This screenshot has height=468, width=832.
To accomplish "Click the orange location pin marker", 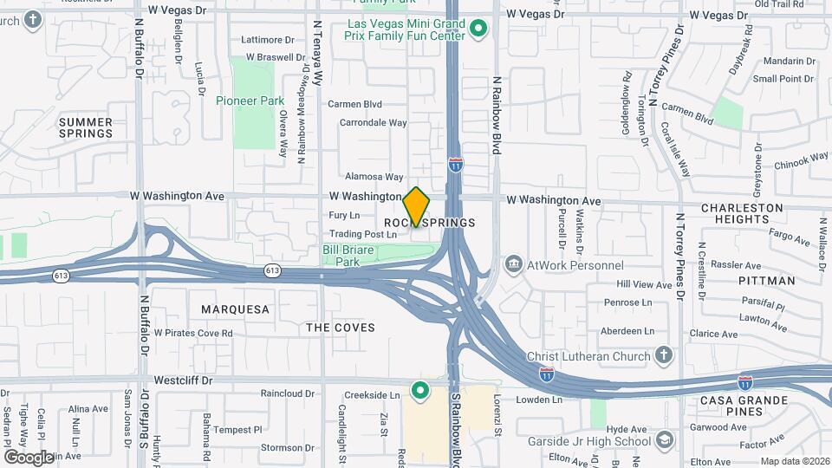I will coord(416,207).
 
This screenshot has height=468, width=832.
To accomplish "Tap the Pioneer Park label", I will coord(250,101).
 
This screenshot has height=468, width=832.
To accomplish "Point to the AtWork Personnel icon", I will coord(514,263).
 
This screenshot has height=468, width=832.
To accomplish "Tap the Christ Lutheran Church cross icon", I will coord(663,355).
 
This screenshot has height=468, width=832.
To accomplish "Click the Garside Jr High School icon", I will coord(664,439).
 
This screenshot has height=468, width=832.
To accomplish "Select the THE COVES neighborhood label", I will coord(341,328).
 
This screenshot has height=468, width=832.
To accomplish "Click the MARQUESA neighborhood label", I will coord(235,309).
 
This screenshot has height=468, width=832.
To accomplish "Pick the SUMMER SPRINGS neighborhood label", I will coord(86,127).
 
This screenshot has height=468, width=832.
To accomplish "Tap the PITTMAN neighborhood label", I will coord(767,281).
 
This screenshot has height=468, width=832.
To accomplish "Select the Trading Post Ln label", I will coord(363,234).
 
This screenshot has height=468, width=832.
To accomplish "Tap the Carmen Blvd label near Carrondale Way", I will coord(354,104).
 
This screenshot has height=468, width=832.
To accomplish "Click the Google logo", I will coord(29,457).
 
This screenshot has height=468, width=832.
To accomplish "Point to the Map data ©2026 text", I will coord(794,461).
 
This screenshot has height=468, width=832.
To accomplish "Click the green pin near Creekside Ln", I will coord(420,391).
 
